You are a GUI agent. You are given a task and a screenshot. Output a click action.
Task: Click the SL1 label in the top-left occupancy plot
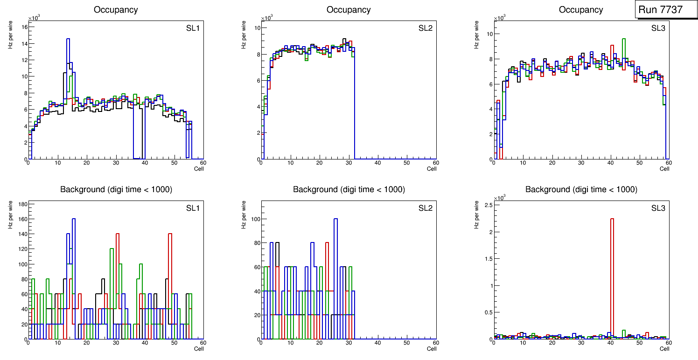(193, 28)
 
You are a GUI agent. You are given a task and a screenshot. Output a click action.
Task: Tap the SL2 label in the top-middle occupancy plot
(426, 28)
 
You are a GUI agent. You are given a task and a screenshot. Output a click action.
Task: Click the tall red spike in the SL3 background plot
(612, 280)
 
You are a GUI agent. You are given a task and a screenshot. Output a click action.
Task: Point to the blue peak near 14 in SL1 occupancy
(68, 42)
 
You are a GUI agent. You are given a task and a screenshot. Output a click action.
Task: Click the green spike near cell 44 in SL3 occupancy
(624, 42)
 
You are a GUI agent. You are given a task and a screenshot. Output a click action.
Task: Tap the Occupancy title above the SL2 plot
(349, 10)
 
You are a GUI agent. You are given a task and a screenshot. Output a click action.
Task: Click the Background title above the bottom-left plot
(116, 189)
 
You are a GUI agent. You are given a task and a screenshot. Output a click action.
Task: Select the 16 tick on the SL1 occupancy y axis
(24, 27)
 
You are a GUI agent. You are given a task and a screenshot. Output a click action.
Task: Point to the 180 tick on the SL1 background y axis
(22, 204)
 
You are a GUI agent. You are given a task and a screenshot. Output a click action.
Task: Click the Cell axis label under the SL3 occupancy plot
(664, 169)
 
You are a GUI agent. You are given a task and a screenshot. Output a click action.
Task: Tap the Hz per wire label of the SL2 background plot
(244, 215)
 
